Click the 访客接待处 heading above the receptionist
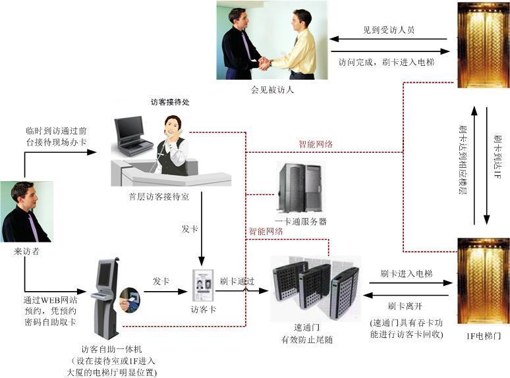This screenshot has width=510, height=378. point(174,103)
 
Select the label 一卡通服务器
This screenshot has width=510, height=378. point(300,222)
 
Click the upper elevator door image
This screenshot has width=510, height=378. point(483,45)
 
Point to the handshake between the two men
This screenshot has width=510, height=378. point(265,63)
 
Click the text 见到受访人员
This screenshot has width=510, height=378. point(389,30)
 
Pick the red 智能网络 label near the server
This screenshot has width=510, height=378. point(266,231)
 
